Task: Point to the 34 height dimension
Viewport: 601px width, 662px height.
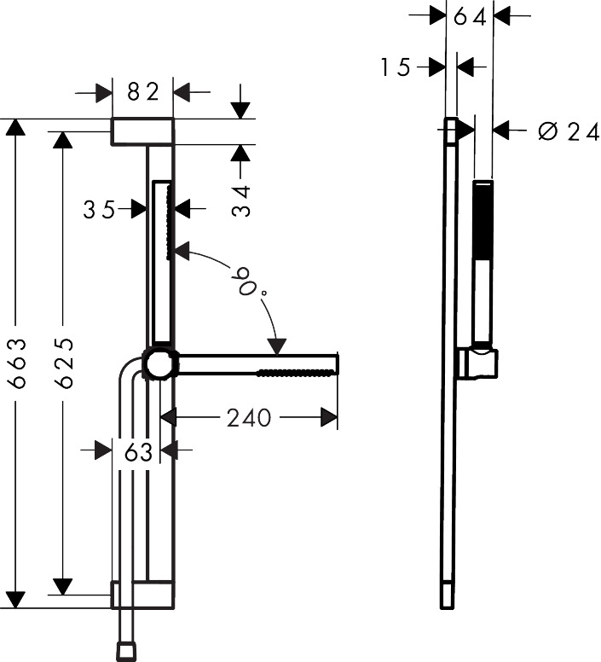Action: click(243, 200)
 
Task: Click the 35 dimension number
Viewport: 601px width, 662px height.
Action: click(99, 209)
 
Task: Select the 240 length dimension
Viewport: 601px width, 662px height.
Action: click(249, 417)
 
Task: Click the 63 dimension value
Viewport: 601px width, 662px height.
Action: click(138, 451)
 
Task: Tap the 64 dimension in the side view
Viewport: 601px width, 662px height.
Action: click(470, 16)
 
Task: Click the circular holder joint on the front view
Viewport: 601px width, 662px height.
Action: click(159, 364)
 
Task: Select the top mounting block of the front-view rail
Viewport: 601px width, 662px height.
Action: click(143, 131)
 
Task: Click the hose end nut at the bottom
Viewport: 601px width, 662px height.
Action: click(124, 652)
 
